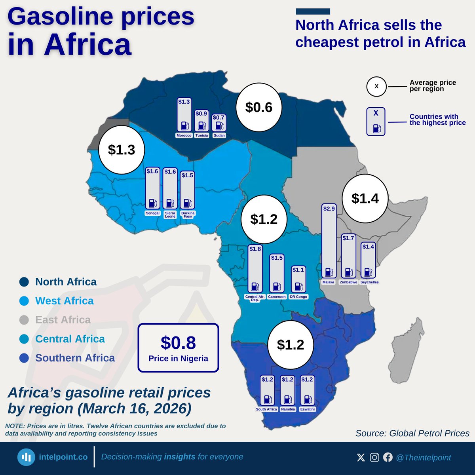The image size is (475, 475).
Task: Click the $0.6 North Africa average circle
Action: pos(259,107)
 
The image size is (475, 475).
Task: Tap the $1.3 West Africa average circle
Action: pos(122,150)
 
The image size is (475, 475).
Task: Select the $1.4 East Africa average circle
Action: pos(365,198)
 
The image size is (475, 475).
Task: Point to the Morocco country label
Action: pos(184,135)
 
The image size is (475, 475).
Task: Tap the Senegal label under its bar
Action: pos(152,213)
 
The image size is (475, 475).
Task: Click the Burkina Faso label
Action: pos(188,215)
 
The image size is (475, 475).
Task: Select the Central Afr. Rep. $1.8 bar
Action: pos(255,269)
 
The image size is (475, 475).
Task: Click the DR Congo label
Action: pos(298,296)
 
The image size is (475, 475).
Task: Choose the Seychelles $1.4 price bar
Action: pos(368,260)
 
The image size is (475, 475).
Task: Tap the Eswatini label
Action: pos(307,409)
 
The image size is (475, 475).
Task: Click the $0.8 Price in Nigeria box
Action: pos(178,348)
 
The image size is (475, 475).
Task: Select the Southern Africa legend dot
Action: pos(24,358)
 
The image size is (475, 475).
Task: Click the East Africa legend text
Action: pos(63,320)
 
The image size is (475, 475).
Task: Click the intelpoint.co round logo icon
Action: pos(27,457)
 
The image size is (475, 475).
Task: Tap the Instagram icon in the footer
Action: pos(374,458)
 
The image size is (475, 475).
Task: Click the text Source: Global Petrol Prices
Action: pos(412,433)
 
